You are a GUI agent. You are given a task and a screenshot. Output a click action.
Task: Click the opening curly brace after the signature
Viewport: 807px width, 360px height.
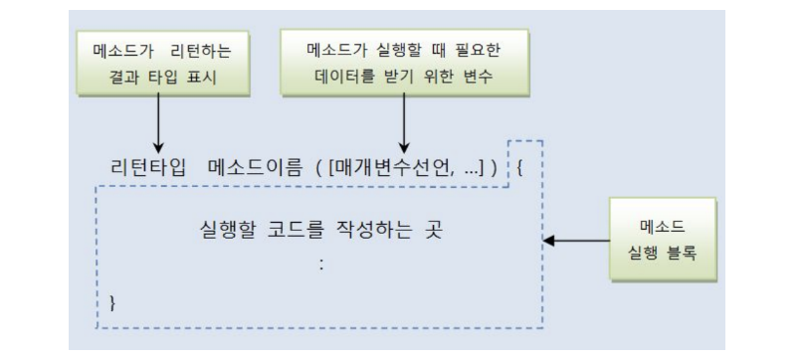coord(520,166)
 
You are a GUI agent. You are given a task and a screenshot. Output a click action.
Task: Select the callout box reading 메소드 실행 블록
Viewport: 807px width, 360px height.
coord(662,240)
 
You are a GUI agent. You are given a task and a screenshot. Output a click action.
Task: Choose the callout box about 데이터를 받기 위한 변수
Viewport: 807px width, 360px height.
coord(404,63)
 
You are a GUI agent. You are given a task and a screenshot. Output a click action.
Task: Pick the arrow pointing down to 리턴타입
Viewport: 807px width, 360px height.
coord(159,124)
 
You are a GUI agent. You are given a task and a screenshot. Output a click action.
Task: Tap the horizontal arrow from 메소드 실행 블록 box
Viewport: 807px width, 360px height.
coord(578,240)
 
